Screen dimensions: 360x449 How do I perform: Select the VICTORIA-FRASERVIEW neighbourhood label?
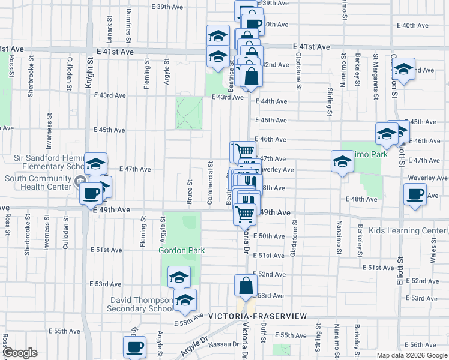(x=258, y=316)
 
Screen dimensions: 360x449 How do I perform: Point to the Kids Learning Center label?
(x=408, y=231)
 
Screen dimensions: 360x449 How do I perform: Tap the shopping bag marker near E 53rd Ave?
(x=246, y=286)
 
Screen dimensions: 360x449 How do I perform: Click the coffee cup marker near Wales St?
(x=415, y=194)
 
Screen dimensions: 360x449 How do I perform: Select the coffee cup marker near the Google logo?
(x=134, y=346)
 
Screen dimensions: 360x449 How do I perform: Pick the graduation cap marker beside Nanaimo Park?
(x=342, y=161)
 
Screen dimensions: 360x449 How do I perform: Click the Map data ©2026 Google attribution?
(x=411, y=355)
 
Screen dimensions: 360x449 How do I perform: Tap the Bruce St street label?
(x=190, y=192)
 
